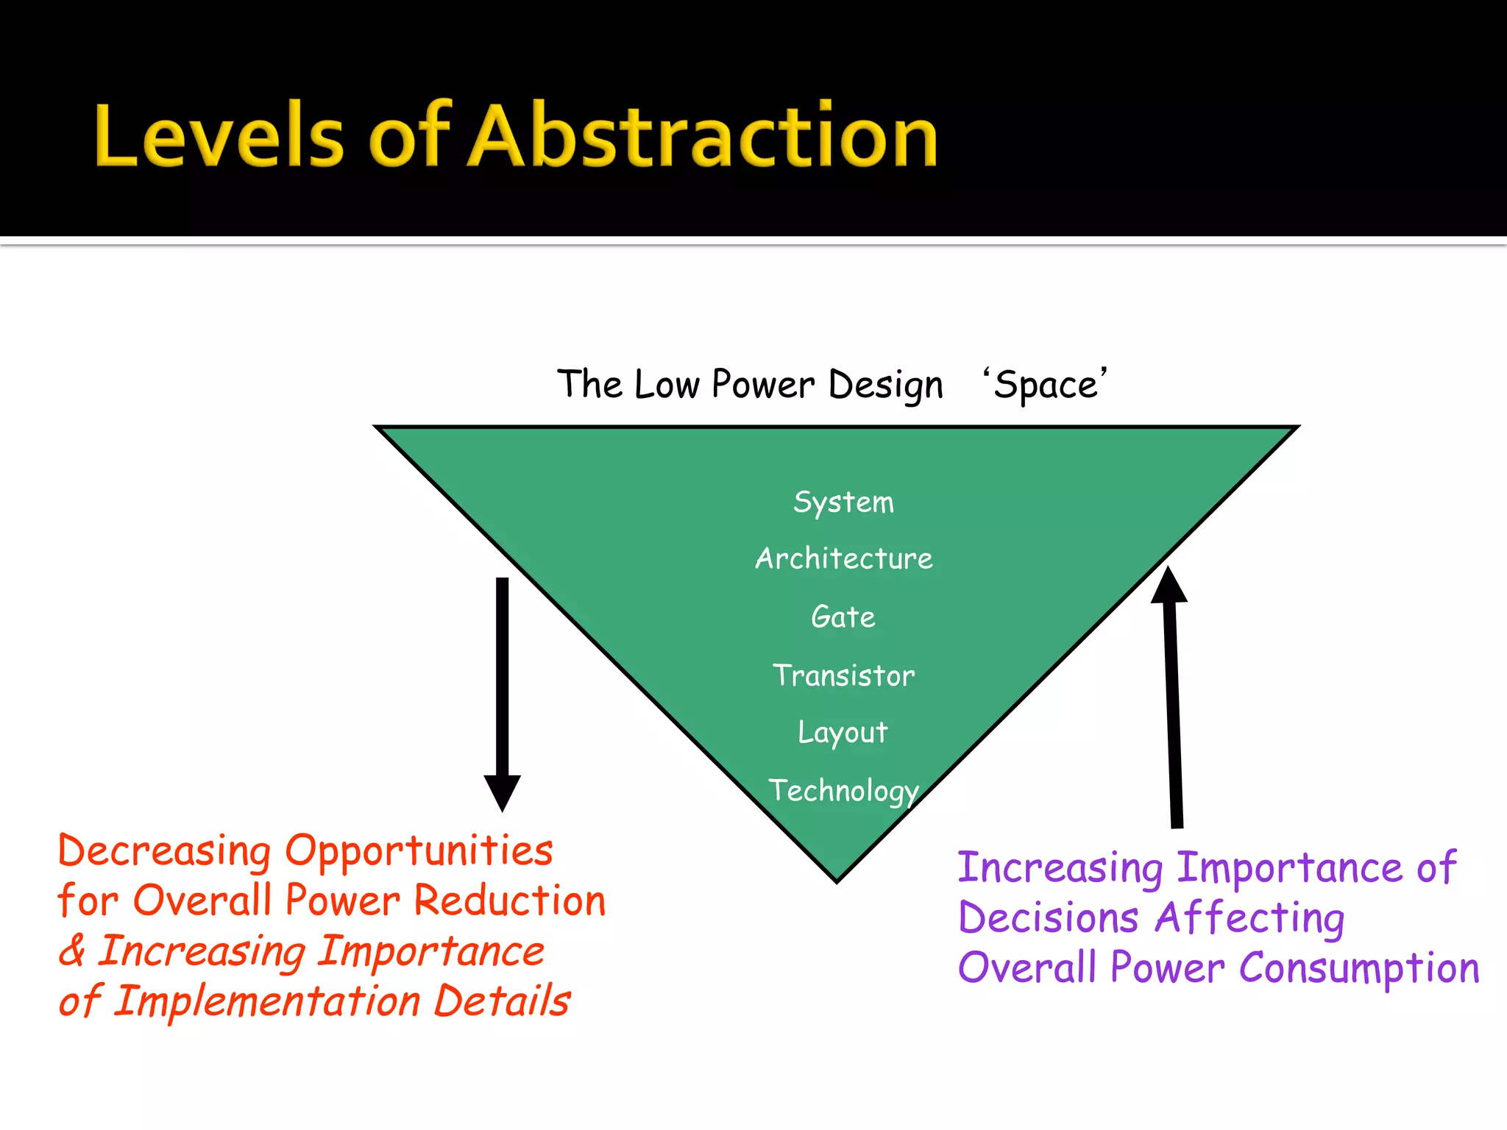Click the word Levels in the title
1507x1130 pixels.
219,136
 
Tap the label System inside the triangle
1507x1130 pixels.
843,502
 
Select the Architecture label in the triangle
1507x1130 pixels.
843,559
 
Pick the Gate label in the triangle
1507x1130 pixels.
843,616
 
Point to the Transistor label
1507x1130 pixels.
843,675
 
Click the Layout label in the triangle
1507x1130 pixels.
843,733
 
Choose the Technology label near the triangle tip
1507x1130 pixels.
843,791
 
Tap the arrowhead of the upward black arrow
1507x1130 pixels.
1169,586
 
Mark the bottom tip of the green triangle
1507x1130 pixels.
837,879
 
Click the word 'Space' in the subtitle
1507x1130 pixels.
1045,385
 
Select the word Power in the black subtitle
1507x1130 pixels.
762,385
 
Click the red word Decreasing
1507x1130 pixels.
164,851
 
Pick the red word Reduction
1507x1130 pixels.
509,900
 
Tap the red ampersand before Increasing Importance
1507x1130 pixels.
72,950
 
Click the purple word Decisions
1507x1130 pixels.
1049,918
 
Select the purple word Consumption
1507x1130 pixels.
1358,968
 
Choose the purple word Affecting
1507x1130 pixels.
1249,918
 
